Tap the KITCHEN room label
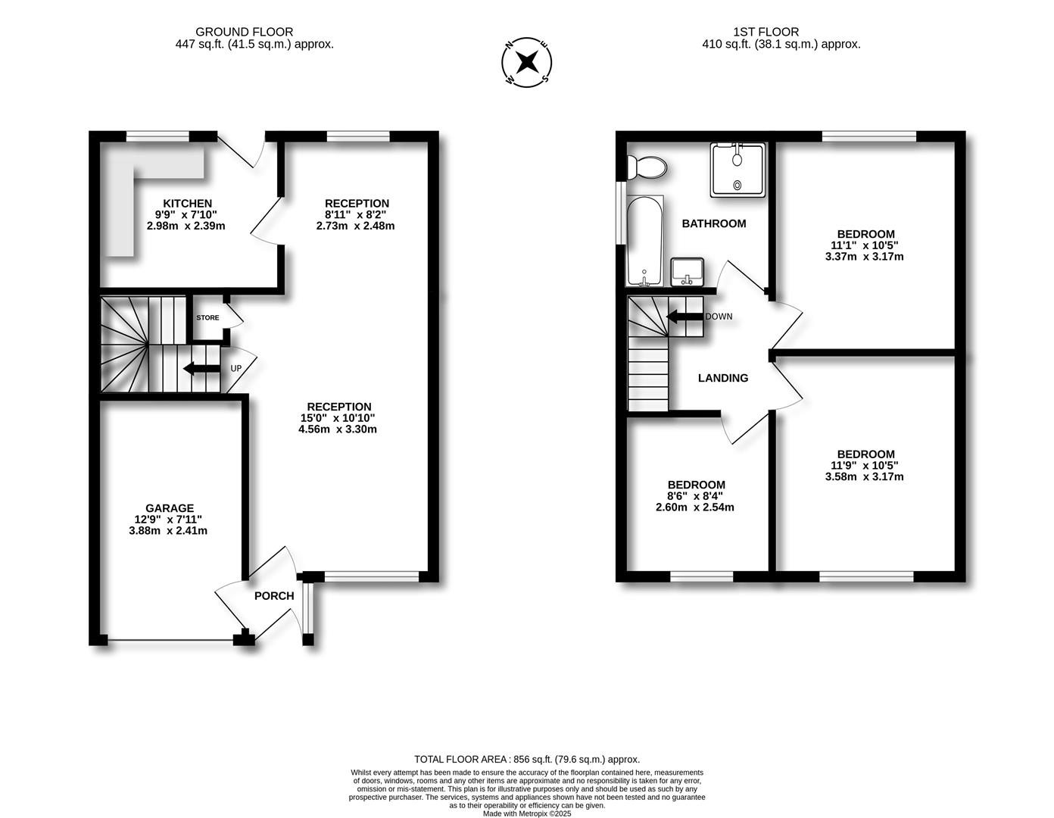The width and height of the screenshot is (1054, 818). [187, 203]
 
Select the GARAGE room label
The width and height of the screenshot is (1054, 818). [170, 508]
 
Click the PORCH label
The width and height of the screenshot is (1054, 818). [273, 596]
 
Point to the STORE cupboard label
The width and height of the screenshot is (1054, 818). [207, 317]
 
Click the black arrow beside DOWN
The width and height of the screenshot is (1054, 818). [684, 317]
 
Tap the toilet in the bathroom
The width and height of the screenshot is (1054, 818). [646, 167]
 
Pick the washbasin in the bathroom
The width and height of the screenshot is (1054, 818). [688, 271]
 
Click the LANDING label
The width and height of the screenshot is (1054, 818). [722, 378]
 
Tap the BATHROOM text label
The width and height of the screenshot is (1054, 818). [713, 223]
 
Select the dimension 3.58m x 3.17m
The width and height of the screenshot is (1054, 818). [864, 476]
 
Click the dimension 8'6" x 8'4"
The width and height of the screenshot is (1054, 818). [695, 496]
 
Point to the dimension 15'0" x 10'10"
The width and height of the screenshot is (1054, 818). [338, 418]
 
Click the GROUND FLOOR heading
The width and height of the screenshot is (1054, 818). [244, 32]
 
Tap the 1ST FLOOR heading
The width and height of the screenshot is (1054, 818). [766, 32]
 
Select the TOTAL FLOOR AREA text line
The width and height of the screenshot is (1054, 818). [527, 759]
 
